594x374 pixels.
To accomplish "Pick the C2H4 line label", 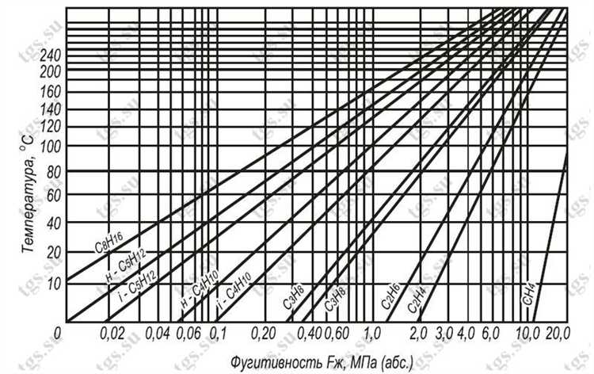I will tap(417, 298).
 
